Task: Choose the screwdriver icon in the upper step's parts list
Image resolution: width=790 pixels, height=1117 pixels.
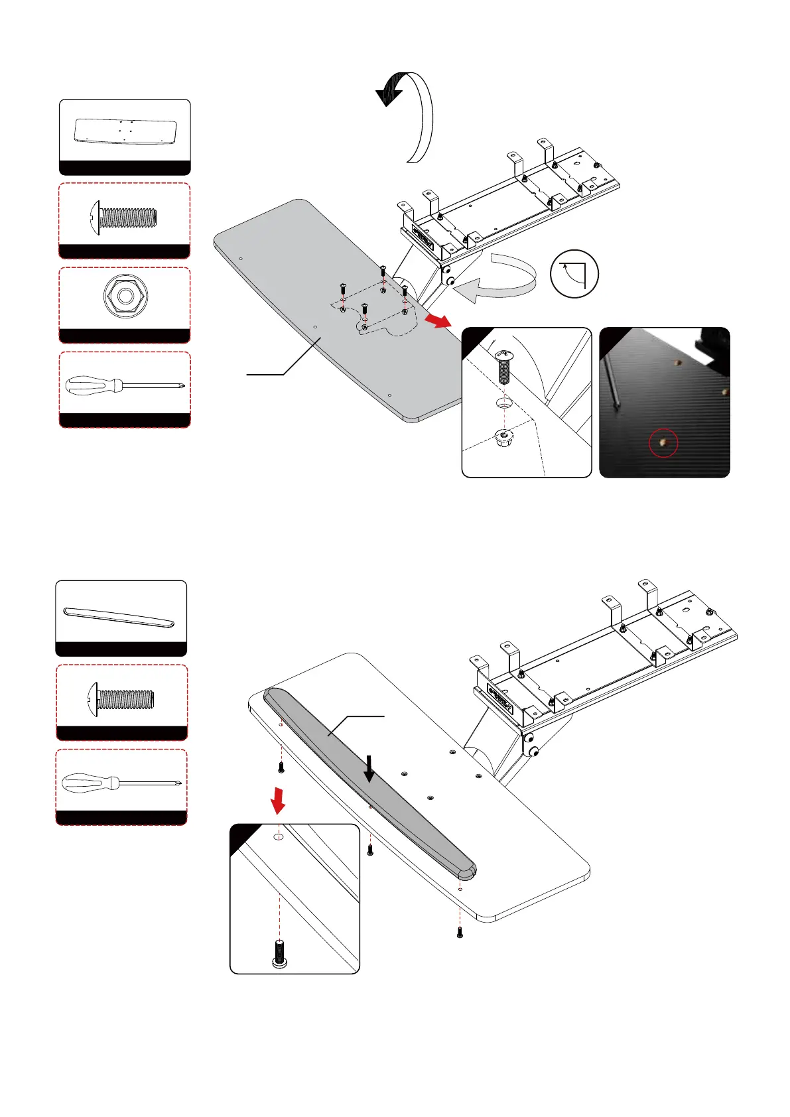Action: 125,385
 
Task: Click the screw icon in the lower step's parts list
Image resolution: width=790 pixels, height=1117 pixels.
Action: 121,699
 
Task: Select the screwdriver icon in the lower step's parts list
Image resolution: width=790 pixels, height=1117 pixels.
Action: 121,783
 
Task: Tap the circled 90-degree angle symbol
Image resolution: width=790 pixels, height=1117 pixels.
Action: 574,274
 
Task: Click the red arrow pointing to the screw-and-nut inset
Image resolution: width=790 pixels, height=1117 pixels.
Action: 437,321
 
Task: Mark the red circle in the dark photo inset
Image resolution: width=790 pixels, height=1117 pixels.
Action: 663,443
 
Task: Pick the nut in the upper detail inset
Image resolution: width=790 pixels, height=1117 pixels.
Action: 503,438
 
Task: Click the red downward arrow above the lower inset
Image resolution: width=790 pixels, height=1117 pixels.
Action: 279,800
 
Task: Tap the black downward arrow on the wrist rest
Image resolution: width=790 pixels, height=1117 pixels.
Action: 369,769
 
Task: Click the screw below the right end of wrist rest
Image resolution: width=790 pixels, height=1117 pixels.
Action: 460,932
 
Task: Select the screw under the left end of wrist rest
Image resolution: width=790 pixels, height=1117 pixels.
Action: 281,768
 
